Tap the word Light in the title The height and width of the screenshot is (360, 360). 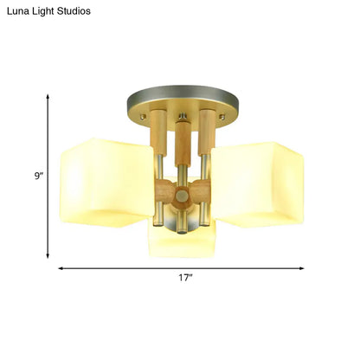click(45, 11)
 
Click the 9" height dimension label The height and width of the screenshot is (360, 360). click(37, 176)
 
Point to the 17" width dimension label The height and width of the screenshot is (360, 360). click(184, 278)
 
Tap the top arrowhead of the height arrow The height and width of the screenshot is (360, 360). click(48, 96)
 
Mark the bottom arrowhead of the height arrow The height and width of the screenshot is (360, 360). click(48, 257)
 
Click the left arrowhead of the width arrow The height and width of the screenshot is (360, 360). click(61, 269)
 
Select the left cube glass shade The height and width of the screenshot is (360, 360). click(100, 183)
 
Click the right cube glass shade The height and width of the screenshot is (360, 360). click(260, 184)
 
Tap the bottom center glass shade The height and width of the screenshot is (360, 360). click(181, 243)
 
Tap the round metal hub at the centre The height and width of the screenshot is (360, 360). click(181, 197)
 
